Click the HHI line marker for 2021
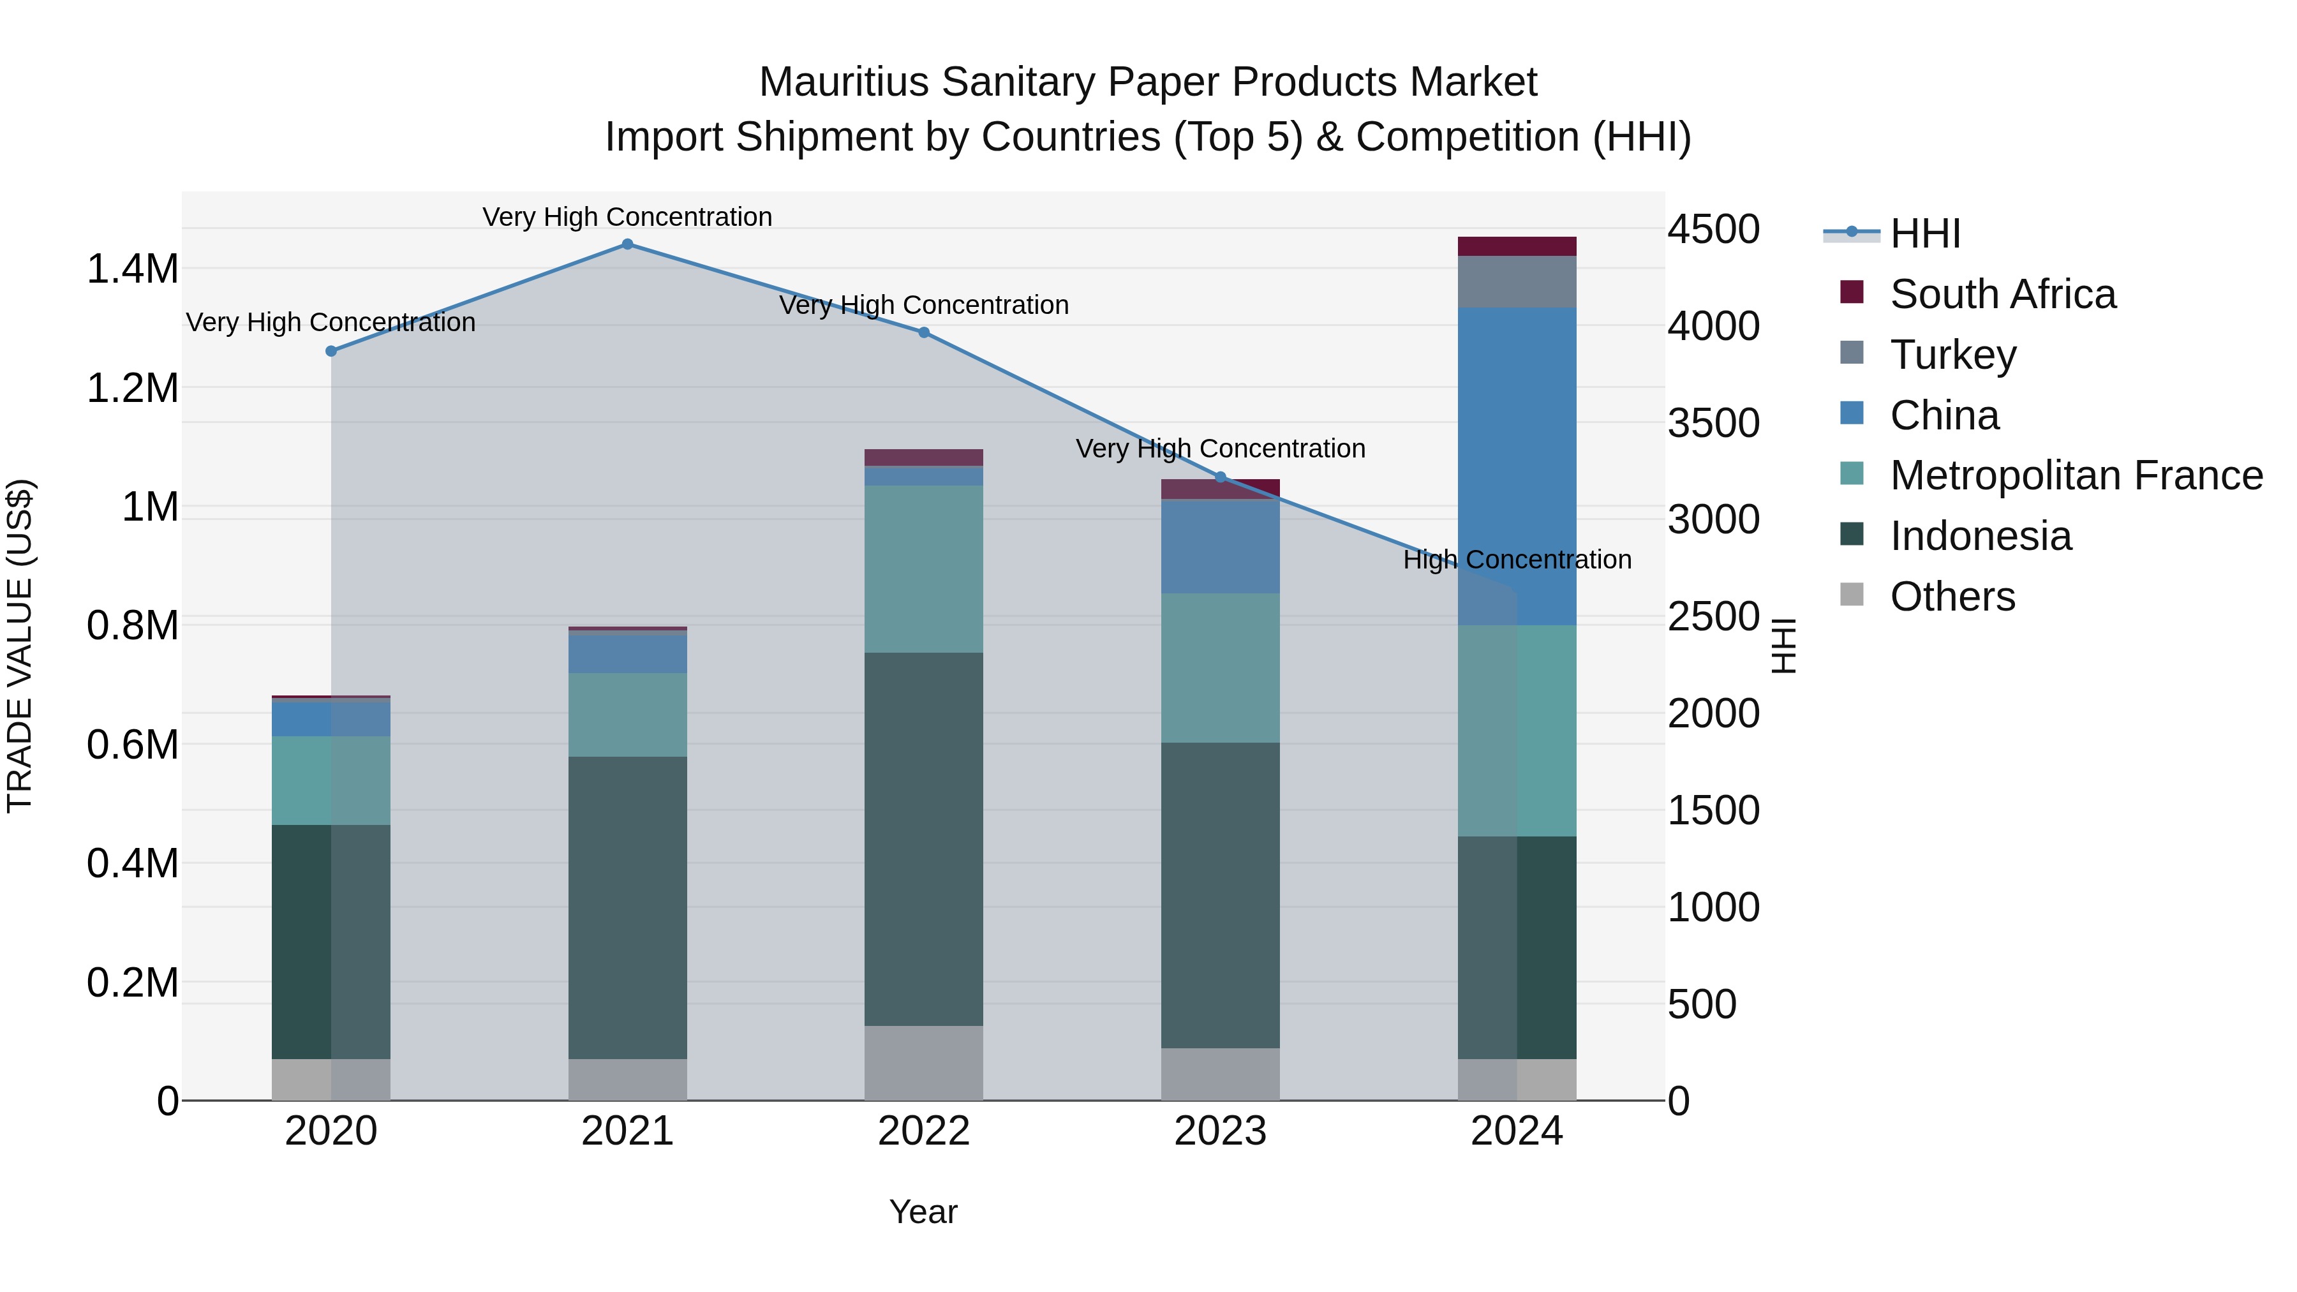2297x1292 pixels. pos(628,244)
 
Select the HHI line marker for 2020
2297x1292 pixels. pos(332,352)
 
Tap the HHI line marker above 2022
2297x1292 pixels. pos(924,332)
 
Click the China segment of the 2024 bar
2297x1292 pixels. pos(1517,464)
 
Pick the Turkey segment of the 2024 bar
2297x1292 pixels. pos(1517,282)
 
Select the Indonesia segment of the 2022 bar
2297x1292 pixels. pos(924,838)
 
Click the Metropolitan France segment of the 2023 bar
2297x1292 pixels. pos(1220,668)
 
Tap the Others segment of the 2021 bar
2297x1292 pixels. pos(628,1079)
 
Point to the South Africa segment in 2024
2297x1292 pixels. pos(1517,246)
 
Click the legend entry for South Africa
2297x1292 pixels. pos(2002,294)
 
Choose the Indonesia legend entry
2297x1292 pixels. pos(1979,536)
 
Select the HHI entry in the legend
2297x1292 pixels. pos(1924,234)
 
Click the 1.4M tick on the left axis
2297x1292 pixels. pos(132,269)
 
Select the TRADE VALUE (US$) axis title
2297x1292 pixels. pos(20,646)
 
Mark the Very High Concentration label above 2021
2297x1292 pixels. pos(628,217)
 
